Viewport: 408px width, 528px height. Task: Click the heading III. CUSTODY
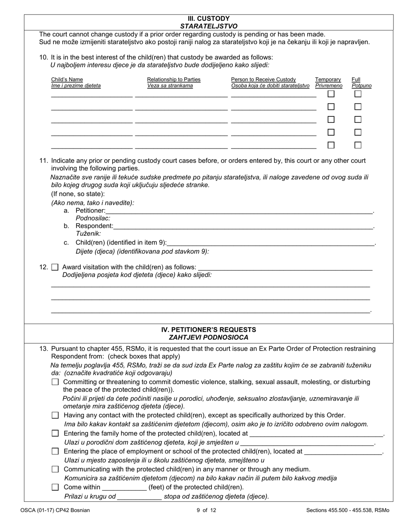208,19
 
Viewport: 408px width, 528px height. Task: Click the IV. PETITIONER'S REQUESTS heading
208,330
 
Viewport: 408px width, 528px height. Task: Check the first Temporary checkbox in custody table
331,94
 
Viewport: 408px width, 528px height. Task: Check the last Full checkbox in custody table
358,145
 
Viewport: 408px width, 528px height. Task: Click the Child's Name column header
67,79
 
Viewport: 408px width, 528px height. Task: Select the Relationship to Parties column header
174,79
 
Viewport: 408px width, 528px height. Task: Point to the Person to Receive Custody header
263,79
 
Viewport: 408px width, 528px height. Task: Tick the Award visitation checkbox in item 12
55,267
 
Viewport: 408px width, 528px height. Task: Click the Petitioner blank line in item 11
239,210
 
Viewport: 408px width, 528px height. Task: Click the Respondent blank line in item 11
243,226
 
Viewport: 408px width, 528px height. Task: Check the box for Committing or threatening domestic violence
55,382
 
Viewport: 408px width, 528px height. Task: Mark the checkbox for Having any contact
55,415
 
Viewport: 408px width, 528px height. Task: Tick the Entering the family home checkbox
55,434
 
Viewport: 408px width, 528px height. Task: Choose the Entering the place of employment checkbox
55,451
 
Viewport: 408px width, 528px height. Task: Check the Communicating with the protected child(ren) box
55,469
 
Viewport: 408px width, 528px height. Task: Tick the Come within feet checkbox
55,487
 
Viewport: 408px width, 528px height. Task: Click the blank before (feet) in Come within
124,487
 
